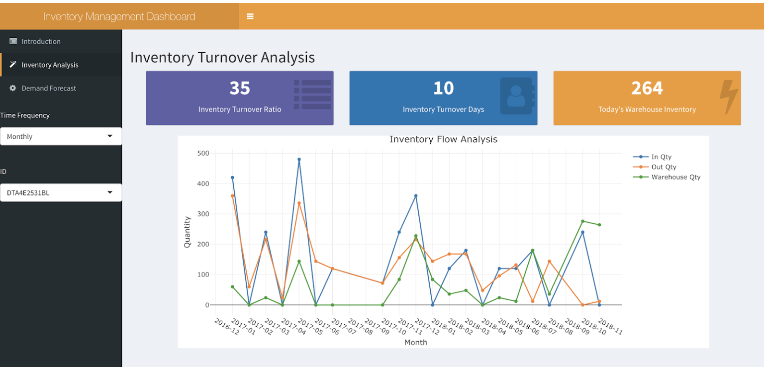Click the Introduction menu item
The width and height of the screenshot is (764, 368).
click(x=41, y=41)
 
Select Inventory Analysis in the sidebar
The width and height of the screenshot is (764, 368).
click(x=50, y=65)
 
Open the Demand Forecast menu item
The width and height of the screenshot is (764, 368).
click(x=49, y=88)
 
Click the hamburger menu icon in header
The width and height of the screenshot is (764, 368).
click(x=250, y=16)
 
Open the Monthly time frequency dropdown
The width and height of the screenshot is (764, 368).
click(x=61, y=136)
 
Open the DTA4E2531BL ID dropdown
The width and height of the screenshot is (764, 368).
click(x=61, y=193)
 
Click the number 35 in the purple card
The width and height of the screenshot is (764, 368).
click(x=240, y=88)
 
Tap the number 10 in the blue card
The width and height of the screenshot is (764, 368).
click(x=443, y=88)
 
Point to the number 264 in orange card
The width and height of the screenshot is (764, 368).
click(x=647, y=88)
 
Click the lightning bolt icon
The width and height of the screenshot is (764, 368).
click(x=729, y=96)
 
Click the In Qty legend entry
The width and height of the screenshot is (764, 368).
click(x=661, y=157)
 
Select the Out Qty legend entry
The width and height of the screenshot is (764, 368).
click(x=664, y=167)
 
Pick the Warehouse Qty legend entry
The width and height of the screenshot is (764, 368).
click(x=675, y=177)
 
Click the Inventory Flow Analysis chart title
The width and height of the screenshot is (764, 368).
click(x=443, y=139)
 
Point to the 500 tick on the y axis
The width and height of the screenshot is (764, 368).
click(x=203, y=153)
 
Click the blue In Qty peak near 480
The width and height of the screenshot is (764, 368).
click(x=299, y=160)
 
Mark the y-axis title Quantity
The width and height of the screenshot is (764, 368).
click(x=188, y=232)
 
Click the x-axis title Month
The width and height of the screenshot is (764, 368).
click(x=415, y=342)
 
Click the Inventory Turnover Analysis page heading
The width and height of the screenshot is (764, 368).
click(x=222, y=57)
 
